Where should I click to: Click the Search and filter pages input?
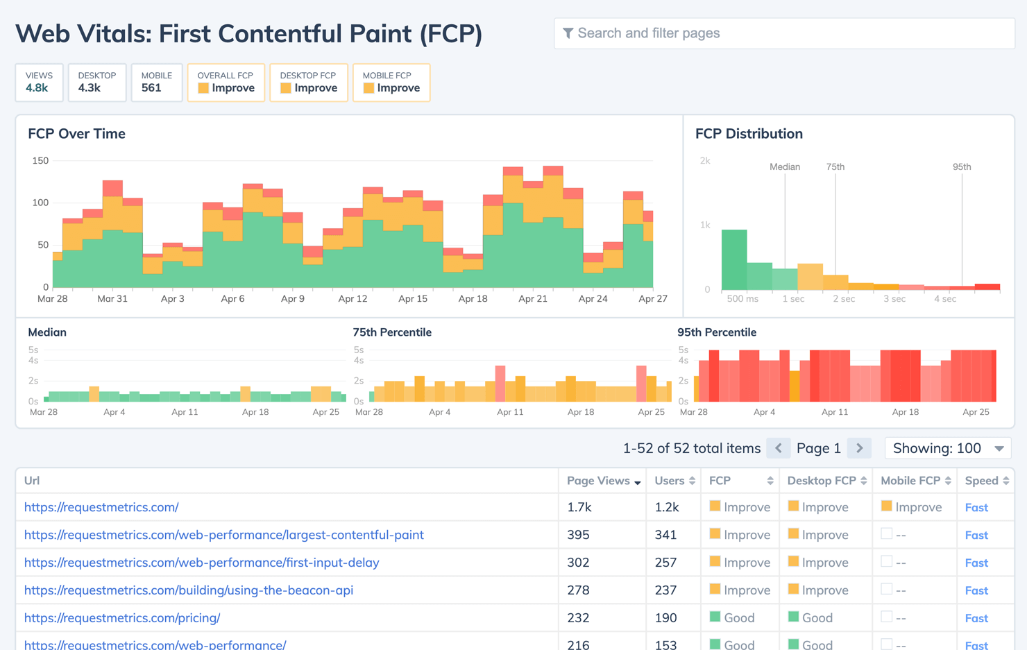(x=784, y=33)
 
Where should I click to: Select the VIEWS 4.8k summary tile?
(x=39, y=83)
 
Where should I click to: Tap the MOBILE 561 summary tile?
(x=156, y=83)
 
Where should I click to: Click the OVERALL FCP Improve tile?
(x=226, y=83)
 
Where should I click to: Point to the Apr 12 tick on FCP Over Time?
(x=353, y=299)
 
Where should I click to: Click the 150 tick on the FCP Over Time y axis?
(x=41, y=161)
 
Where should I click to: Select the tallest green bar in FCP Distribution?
(x=734, y=259)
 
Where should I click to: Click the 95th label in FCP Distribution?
(x=962, y=167)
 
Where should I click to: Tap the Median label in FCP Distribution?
(x=785, y=167)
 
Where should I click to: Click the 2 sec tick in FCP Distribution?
(x=844, y=299)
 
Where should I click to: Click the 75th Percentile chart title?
(x=392, y=332)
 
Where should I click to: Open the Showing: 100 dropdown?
(x=948, y=448)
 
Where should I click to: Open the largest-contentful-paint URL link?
(x=223, y=535)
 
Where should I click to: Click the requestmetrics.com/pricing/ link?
(x=122, y=618)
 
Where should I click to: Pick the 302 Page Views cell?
(x=578, y=563)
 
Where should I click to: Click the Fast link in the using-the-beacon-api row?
(x=976, y=590)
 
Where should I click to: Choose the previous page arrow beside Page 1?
(x=779, y=448)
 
